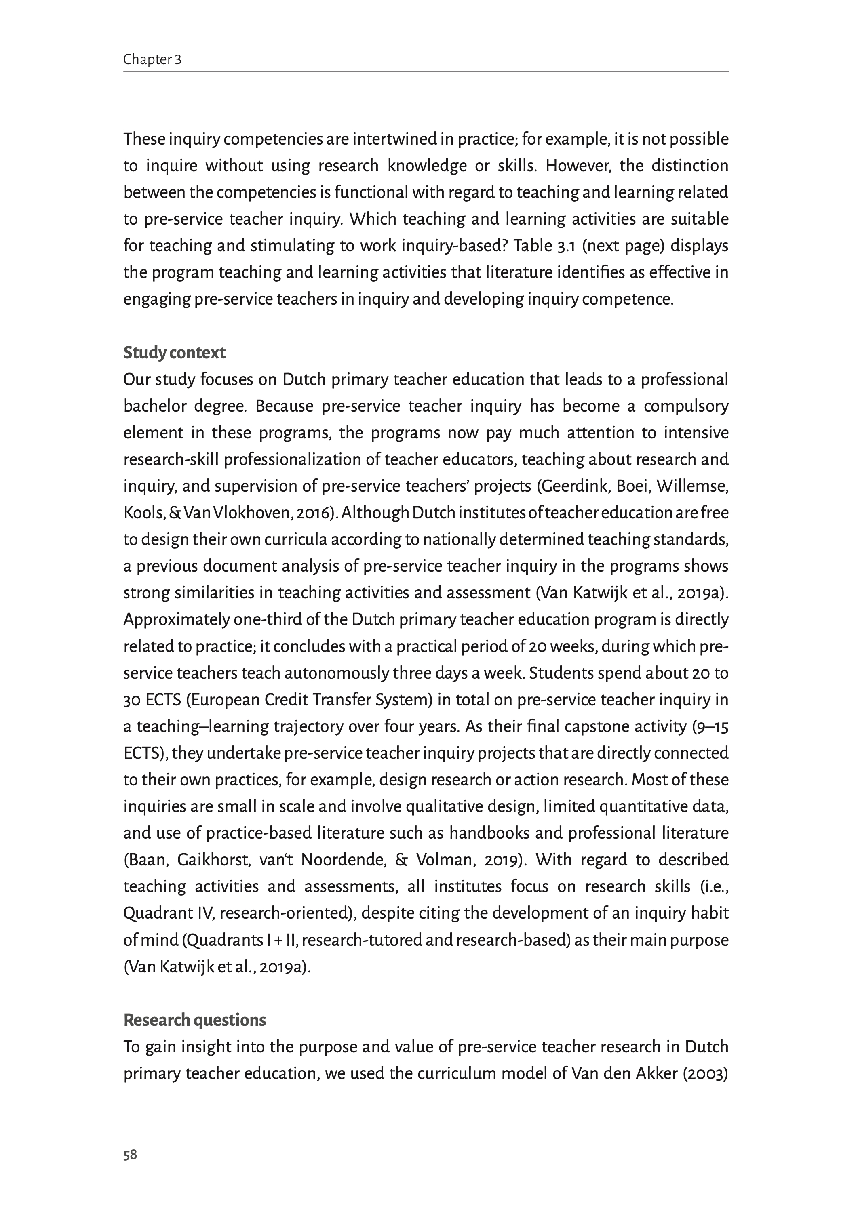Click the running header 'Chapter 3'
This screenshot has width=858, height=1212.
152,60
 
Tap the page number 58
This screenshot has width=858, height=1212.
130,1155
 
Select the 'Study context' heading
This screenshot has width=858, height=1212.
174,353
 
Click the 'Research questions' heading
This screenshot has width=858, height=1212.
194,1020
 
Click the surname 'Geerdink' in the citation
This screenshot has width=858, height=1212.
573,486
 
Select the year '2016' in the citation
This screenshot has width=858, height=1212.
312,513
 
